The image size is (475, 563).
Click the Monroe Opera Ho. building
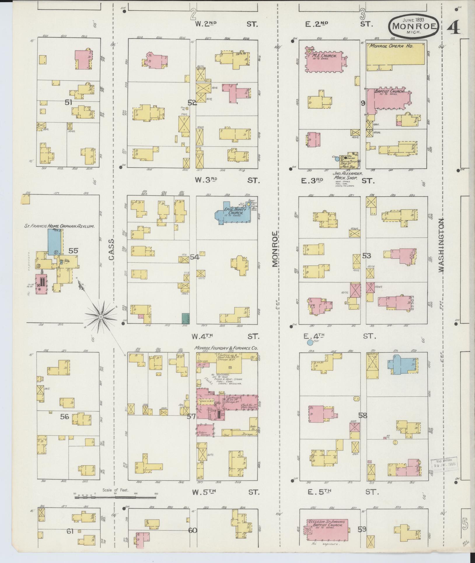coord(395,54)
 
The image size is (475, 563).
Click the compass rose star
coord(101,317)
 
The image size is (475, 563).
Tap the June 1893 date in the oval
coord(414,20)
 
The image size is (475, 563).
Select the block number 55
coord(73,250)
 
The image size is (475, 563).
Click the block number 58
coord(363,415)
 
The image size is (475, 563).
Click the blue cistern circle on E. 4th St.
coord(310,342)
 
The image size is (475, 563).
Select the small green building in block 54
coord(184,318)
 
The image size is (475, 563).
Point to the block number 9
coord(363,103)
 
